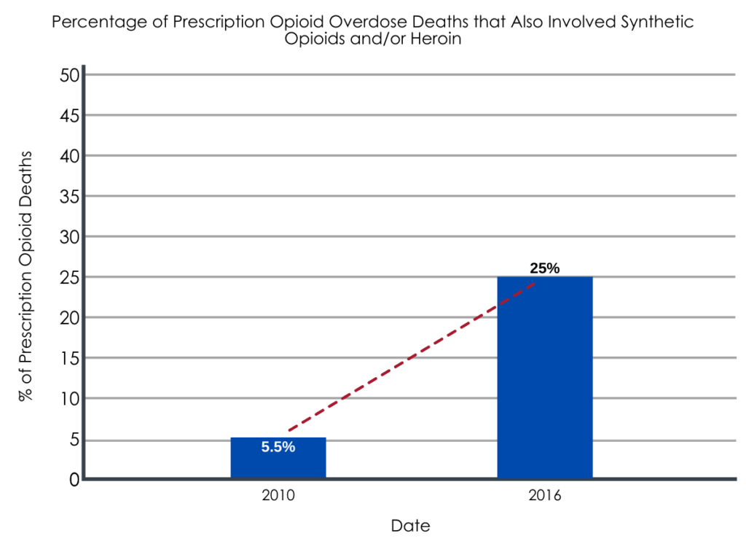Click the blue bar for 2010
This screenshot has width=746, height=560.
coord(278,458)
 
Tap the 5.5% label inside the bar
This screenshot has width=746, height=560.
coord(278,448)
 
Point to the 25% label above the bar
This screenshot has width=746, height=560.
coord(544,268)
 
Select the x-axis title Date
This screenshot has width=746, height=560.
coord(410,526)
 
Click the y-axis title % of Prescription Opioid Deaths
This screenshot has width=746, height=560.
coord(27,277)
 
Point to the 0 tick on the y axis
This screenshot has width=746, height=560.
coord(73,479)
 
